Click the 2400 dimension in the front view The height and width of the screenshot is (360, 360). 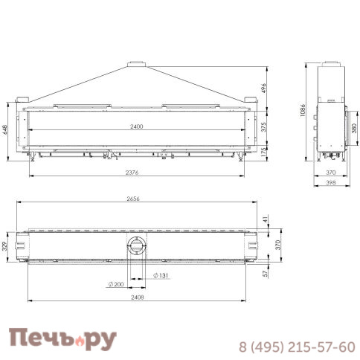[x=135, y=126]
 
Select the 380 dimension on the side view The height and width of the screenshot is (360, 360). [x=353, y=127]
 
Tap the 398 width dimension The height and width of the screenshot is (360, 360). [x=331, y=182]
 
